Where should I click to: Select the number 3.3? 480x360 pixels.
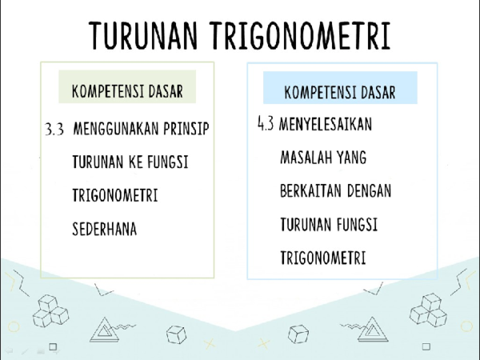(54, 129)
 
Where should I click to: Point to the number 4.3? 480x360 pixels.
(266, 125)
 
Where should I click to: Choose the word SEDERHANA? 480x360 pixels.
(104, 229)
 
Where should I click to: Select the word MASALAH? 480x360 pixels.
(308, 158)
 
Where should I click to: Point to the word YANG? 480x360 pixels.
(352, 158)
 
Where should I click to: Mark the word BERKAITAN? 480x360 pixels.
(312, 192)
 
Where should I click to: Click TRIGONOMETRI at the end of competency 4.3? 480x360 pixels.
(322, 258)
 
